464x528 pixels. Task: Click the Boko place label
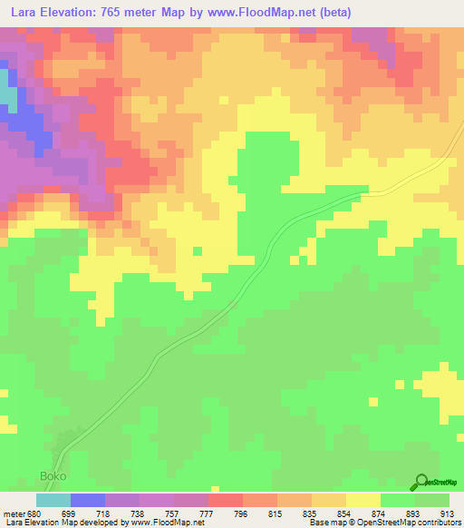click(x=53, y=475)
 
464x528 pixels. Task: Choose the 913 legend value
click(x=448, y=513)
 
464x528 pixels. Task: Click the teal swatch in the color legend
click(x=53, y=500)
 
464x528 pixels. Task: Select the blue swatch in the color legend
click(x=88, y=500)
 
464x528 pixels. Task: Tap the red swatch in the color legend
click(x=226, y=500)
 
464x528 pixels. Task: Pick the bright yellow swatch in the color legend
click(x=363, y=500)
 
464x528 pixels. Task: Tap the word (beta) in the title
click(x=333, y=13)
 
